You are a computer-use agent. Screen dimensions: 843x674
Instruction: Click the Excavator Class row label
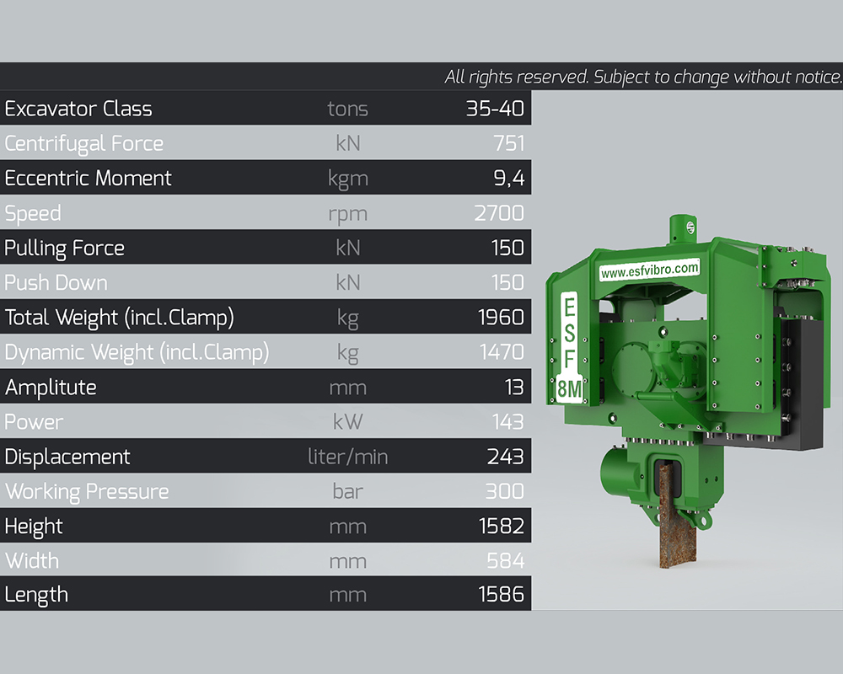pyautogui.click(x=78, y=109)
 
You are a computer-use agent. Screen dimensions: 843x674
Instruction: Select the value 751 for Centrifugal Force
pyautogui.click(x=508, y=143)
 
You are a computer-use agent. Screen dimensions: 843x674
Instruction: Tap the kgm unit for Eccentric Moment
pyautogui.click(x=348, y=179)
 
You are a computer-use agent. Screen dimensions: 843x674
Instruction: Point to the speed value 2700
pyautogui.click(x=499, y=213)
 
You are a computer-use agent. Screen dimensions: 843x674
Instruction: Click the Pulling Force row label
pyautogui.click(x=65, y=249)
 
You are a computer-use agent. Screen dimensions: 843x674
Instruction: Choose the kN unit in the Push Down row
pyautogui.click(x=348, y=283)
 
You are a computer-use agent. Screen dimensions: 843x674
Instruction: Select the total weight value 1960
pyautogui.click(x=501, y=317)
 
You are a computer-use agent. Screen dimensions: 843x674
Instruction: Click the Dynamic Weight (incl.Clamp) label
pyautogui.click(x=137, y=353)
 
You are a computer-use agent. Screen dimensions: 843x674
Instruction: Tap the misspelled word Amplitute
pyautogui.click(x=51, y=387)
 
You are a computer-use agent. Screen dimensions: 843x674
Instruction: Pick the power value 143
pyautogui.click(x=508, y=422)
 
